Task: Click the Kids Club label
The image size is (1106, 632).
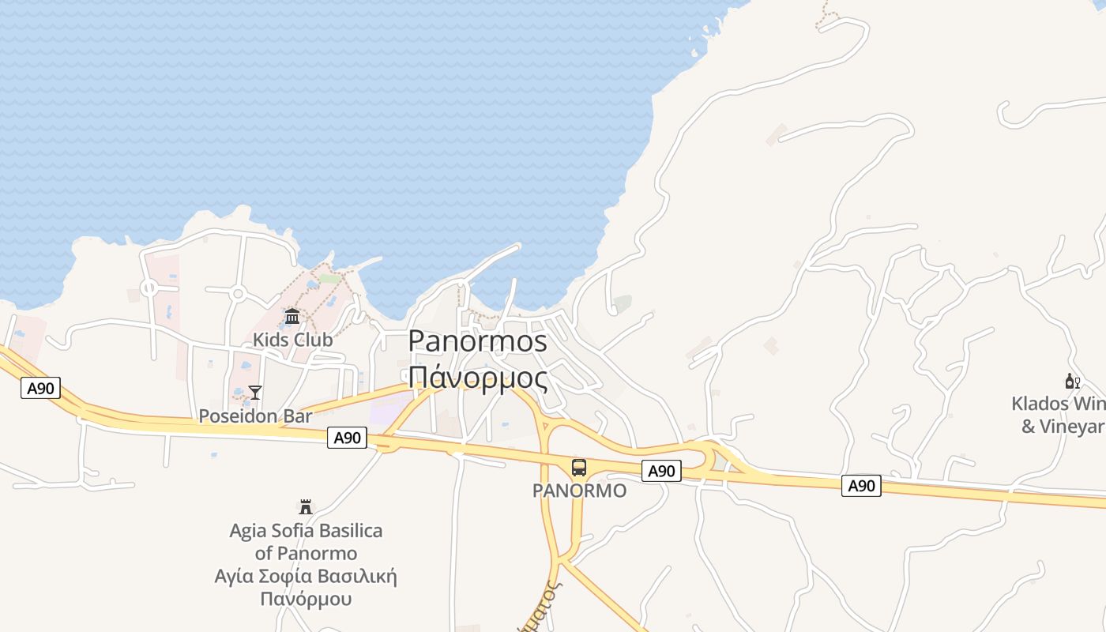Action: (x=292, y=340)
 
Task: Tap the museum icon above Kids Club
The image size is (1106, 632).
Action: (x=292, y=317)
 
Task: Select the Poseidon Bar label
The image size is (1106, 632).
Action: (x=255, y=416)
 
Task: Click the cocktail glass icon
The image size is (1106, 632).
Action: (x=255, y=392)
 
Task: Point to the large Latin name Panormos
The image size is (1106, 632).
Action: (x=478, y=341)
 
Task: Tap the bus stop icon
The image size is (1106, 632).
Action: (x=579, y=468)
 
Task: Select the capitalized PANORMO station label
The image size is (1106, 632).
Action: (x=579, y=491)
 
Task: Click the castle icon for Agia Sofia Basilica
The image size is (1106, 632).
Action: (x=306, y=507)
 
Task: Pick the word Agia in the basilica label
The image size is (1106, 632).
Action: (x=247, y=530)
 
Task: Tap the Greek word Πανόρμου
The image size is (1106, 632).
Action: (x=306, y=599)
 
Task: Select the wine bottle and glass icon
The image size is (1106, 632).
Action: (x=1073, y=382)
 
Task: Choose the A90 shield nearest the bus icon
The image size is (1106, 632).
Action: (x=661, y=472)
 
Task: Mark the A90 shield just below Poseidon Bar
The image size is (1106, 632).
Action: (x=347, y=438)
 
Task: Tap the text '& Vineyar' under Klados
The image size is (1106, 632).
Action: (x=1063, y=427)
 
